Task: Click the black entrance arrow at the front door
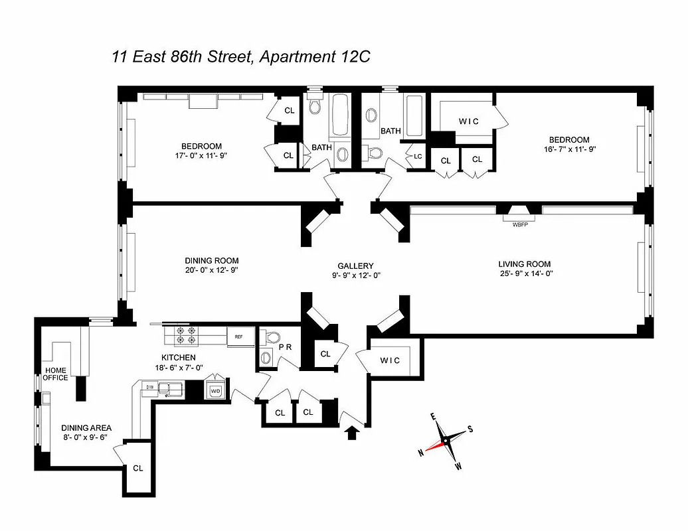352,433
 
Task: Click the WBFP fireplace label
520,224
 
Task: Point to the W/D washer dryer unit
216,390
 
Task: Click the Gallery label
355,265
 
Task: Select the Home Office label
56,374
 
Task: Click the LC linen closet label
418,157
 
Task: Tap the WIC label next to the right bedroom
469,121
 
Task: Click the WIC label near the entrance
390,360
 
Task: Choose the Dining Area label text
86,428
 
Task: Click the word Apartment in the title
296,56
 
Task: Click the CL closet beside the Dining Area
137,468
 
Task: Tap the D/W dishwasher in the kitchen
150,386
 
